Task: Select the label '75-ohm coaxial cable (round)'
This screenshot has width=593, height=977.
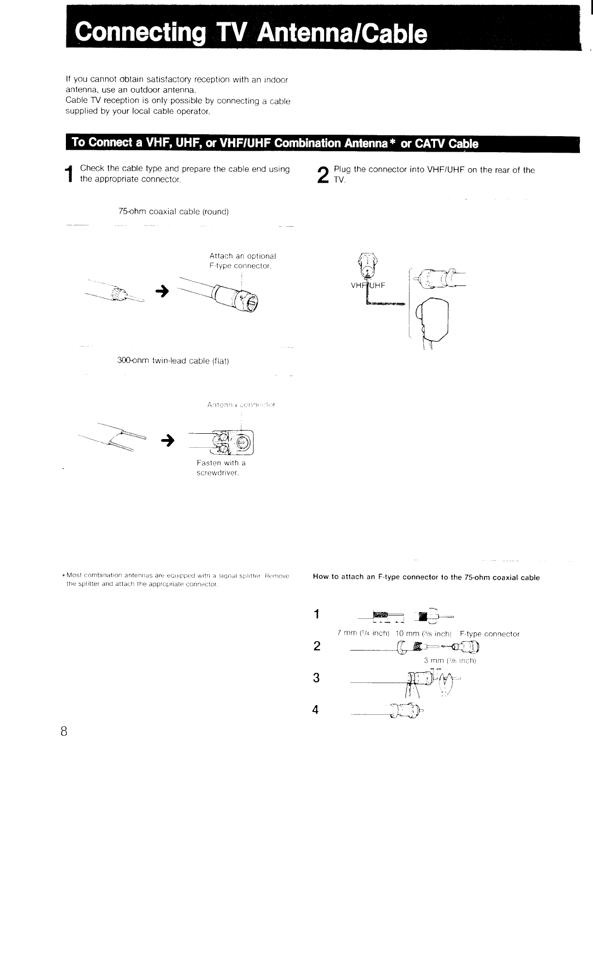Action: (x=173, y=212)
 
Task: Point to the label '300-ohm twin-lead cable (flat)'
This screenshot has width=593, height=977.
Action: (x=173, y=361)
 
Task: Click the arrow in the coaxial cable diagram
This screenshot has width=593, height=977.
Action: (x=162, y=291)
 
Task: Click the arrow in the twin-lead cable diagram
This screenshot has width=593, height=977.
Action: (x=167, y=440)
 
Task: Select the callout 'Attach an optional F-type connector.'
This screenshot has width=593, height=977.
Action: (x=242, y=261)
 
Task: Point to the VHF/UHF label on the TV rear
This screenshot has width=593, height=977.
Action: (x=368, y=285)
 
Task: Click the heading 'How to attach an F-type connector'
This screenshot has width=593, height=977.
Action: (x=426, y=577)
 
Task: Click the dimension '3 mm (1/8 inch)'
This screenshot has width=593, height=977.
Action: (x=450, y=661)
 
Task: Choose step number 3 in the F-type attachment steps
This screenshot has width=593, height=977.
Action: (x=316, y=678)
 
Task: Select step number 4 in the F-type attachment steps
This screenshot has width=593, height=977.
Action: (x=316, y=710)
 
